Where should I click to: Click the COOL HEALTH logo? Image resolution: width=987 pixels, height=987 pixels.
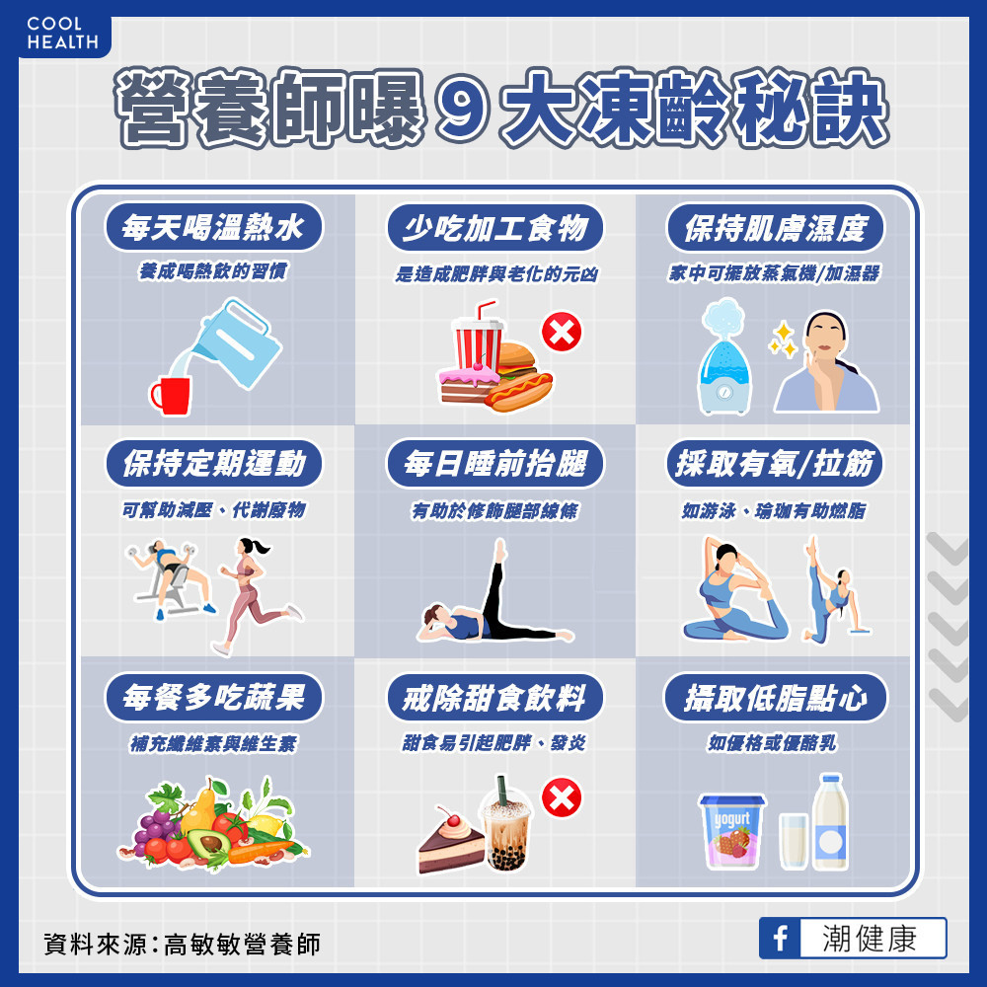(x=63, y=34)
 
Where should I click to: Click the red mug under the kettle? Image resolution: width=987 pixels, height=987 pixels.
(x=170, y=396)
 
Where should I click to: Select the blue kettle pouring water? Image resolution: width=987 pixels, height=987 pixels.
(x=236, y=343)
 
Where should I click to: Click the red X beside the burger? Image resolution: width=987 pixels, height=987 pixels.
(x=562, y=332)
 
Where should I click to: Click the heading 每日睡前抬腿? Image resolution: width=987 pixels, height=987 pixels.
(x=494, y=464)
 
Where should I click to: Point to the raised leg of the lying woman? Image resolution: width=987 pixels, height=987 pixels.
(x=495, y=585)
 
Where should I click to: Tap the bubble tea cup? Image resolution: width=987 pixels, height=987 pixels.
(x=506, y=824)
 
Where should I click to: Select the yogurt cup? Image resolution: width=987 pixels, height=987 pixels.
(x=732, y=831)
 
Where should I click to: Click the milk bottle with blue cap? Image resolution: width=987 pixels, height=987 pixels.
(x=830, y=822)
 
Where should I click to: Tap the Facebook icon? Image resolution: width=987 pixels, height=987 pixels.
(x=780, y=938)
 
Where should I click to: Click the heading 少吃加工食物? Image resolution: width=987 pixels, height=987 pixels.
(x=494, y=228)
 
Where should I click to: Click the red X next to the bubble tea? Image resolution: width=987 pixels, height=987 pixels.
(x=562, y=797)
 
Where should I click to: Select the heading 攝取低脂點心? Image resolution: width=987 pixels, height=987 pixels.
(x=775, y=698)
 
